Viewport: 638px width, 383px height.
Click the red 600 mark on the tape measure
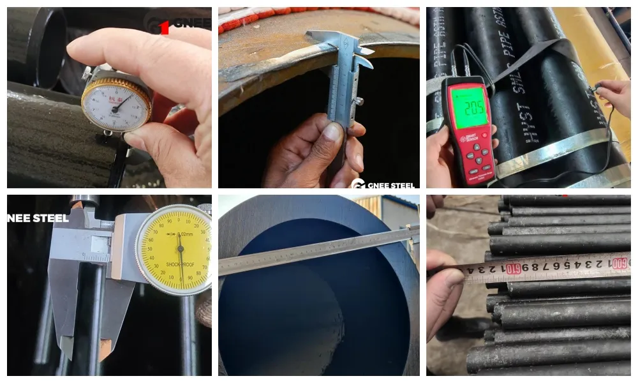tap(618, 262)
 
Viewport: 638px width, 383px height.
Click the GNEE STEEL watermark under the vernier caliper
tap(383, 184)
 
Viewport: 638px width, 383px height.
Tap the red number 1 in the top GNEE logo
tap(164, 26)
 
